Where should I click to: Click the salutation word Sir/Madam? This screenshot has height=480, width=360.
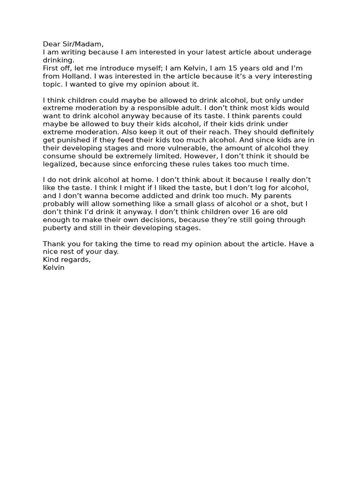[x=80, y=44]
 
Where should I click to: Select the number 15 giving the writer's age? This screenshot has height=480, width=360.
[x=216, y=68]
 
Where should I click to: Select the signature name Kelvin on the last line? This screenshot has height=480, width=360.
[x=53, y=268]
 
